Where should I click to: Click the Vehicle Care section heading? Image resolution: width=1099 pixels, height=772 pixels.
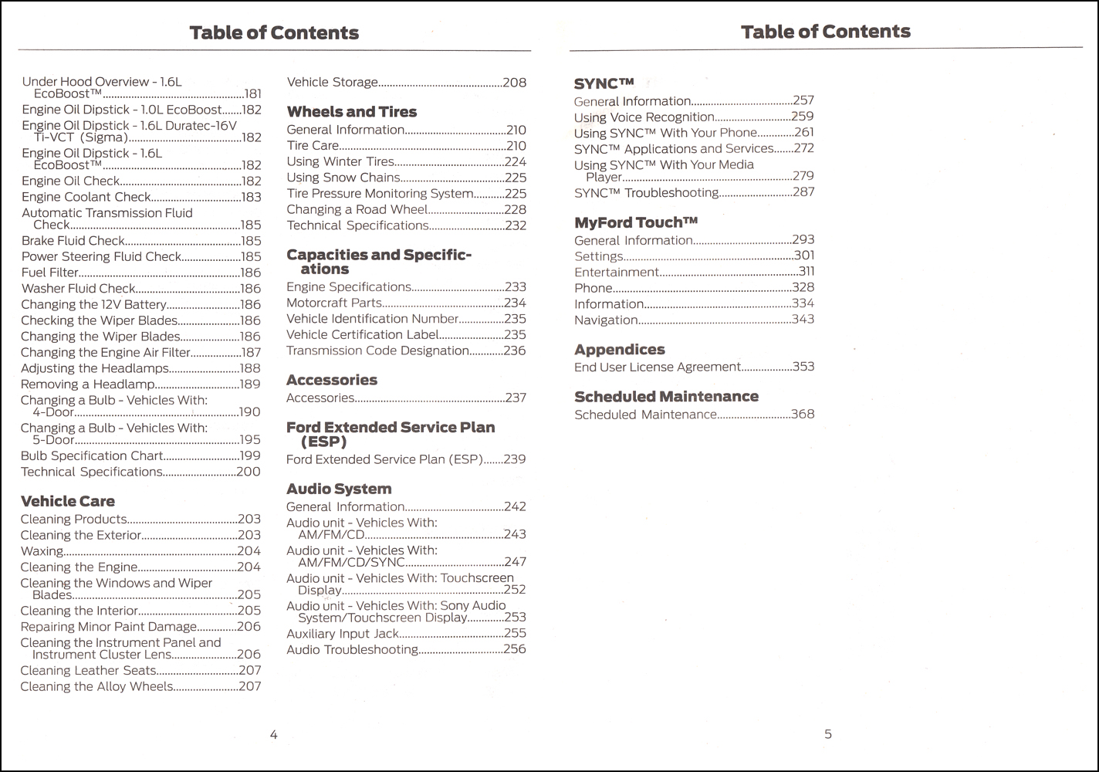[x=67, y=502]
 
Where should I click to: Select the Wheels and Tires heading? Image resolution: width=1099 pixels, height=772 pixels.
[x=351, y=112]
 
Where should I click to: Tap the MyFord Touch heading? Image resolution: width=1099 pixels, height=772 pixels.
[x=635, y=222]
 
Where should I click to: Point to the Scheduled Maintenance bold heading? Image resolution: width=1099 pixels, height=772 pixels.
[x=666, y=397]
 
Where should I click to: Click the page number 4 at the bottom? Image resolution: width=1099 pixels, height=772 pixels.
[x=273, y=735]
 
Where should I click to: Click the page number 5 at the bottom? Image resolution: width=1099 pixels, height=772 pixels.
[x=828, y=734]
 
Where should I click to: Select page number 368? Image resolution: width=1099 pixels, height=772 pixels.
[x=803, y=414]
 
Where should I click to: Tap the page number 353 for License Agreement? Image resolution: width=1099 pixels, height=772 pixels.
[x=803, y=367]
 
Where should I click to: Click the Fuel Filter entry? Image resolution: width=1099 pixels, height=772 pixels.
[x=50, y=273]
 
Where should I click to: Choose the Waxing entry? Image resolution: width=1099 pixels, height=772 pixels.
[x=42, y=551]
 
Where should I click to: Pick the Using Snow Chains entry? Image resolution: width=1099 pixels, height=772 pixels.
[x=343, y=178]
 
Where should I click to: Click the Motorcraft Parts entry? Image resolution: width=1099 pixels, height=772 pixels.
[x=334, y=303]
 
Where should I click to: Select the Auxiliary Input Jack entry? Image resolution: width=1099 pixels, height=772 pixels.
[x=343, y=634]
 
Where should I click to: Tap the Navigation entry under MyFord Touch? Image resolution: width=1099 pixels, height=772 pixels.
[x=606, y=320]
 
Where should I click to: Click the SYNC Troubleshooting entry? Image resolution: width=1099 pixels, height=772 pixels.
[x=646, y=192]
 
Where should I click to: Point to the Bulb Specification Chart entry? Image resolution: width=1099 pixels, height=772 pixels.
[x=92, y=456]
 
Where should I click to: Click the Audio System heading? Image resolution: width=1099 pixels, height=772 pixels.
[x=339, y=489]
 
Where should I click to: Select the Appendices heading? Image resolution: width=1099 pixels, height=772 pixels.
[x=619, y=350]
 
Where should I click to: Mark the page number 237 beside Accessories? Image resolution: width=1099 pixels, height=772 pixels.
[x=515, y=398]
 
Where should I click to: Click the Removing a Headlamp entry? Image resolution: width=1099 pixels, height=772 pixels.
[x=87, y=384]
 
